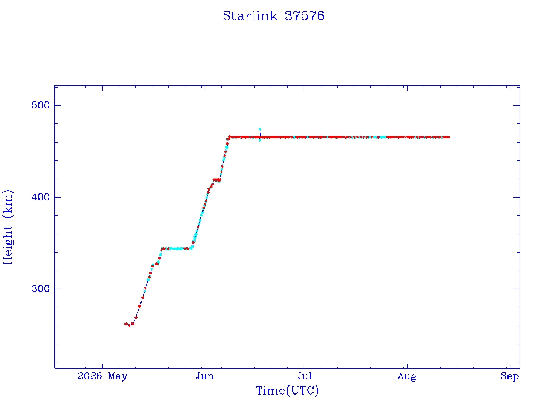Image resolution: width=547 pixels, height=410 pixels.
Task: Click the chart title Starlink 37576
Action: click(273, 16)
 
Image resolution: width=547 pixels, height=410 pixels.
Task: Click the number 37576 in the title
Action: click(304, 16)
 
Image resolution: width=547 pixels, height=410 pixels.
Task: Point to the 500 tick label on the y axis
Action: click(41, 105)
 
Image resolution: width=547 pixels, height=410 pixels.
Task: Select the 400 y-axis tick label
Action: click(41, 197)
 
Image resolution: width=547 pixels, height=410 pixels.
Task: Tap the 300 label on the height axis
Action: click(41, 289)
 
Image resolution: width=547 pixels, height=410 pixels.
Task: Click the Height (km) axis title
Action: click(7, 227)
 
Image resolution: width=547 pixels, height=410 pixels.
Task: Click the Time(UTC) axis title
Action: click(287, 390)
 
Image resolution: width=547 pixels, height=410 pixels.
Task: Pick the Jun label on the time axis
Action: click(205, 376)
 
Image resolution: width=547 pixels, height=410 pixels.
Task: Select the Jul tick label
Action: click(304, 376)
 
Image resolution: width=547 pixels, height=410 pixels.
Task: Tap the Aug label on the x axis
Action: click(407, 376)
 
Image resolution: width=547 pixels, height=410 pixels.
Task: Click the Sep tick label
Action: click(510, 376)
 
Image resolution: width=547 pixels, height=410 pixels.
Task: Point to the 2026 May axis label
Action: click(102, 376)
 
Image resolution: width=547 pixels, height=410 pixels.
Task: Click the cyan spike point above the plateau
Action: click(260, 129)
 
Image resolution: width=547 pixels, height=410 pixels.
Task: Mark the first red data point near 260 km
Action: click(126, 324)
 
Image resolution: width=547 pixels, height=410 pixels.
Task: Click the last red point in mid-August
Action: click(449, 137)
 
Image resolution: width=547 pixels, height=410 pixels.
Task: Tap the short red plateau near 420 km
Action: click(217, 180)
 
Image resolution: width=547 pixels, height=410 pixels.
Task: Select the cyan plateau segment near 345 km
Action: click(177, 249)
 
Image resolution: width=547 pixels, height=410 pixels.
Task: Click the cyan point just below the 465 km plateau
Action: click(260, 140)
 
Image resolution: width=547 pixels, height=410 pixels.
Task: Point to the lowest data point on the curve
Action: click(129, 326)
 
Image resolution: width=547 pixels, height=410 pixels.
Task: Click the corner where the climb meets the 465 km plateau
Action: click(229, 137)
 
